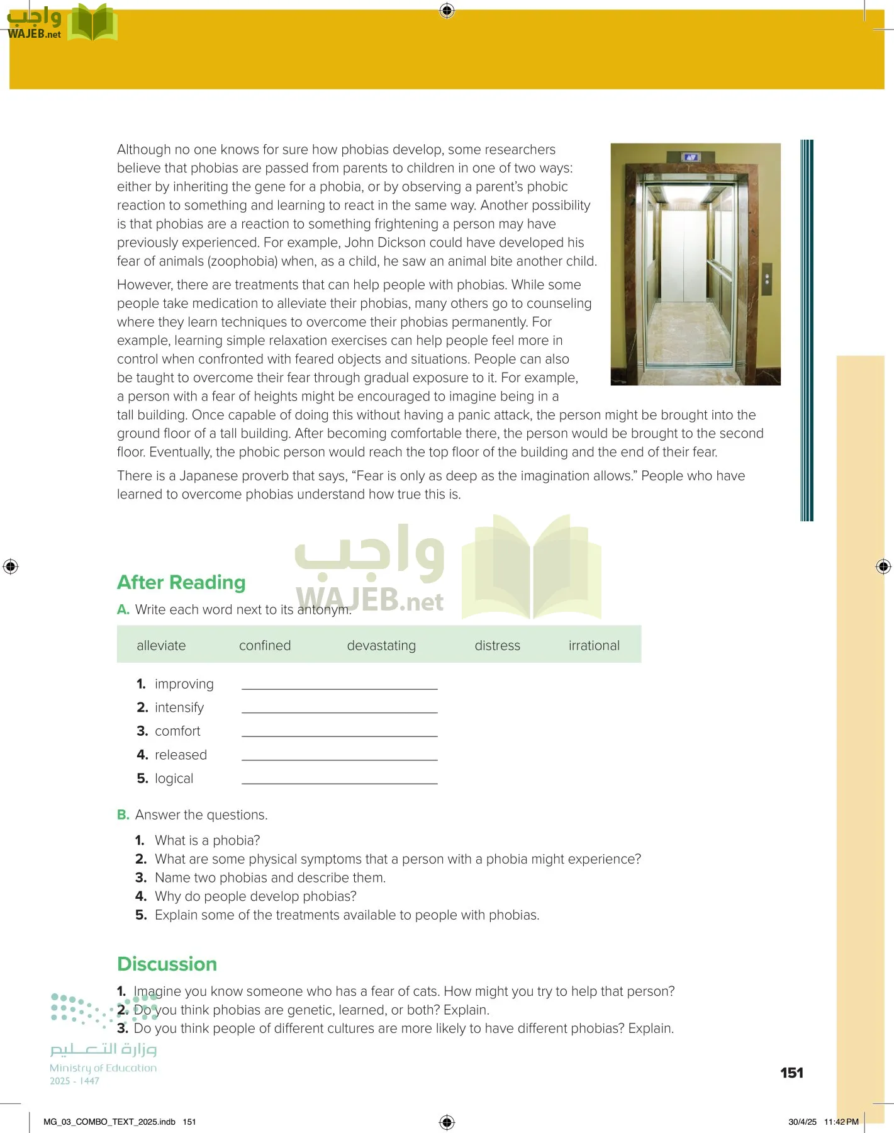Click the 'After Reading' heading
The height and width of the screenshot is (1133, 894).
point(181,582)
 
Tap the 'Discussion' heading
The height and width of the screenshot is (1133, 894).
point(167,964)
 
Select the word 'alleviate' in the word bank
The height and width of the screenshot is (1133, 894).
point(161,645)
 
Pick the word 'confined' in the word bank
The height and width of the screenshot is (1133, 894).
point(265,645)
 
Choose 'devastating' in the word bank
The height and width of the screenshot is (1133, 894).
point(381,645)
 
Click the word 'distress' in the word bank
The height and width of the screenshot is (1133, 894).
point(497,645)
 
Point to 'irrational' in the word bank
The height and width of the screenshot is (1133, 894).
point(594,645)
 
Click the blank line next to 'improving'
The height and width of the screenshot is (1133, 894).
point(339,685)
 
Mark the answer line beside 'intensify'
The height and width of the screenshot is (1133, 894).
point(339,708)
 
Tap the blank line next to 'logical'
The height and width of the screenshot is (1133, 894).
point(339,779)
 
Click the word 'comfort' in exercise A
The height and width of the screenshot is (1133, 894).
point(177,731)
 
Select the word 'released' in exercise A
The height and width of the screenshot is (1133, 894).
point(181,755)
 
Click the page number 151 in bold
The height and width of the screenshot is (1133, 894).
point(791,1073)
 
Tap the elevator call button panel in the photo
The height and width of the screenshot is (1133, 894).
point(766,278)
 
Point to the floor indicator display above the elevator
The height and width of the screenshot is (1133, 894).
point(691,157)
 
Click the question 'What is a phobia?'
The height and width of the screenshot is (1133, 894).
point(207,840)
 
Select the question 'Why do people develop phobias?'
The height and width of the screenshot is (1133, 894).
point(255,896)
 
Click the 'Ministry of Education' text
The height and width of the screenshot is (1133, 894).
point(103,1068)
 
